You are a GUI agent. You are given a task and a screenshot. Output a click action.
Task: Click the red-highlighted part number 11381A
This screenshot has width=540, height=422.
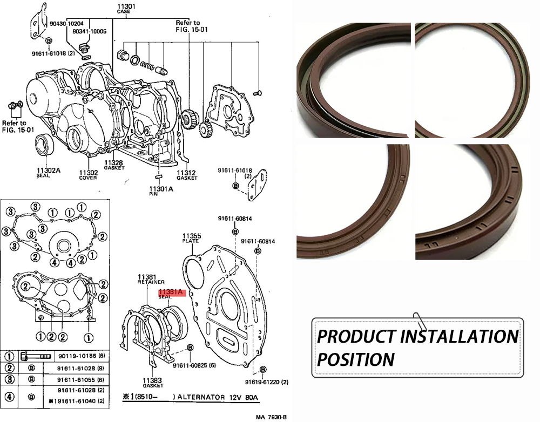click(x=171, y=293)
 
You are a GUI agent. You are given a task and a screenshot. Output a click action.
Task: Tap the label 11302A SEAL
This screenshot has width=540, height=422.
click(x=48, y=173)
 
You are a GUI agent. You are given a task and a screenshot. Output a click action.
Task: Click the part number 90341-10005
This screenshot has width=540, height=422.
click(x=89, y=32)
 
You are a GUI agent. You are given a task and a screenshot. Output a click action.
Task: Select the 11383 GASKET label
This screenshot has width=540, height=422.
click(x=153, y=382)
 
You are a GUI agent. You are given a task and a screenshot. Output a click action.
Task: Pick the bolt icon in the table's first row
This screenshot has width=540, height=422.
click(x=32, y=357)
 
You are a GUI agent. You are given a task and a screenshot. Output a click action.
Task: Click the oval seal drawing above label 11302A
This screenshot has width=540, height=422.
click(x=44, y=146)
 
